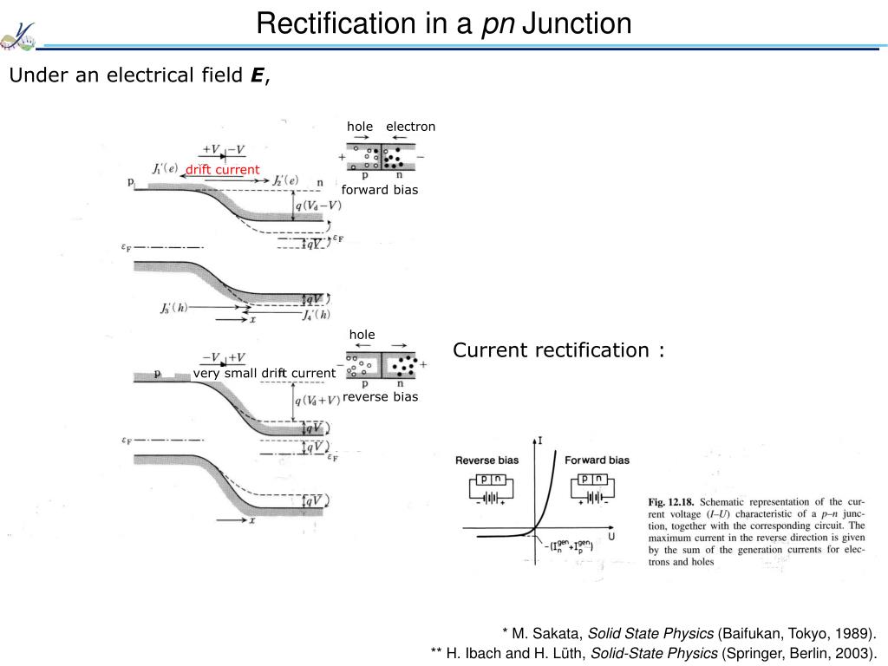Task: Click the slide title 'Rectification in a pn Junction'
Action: click(443, 23)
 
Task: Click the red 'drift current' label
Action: click(222, 169)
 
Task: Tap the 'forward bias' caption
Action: click(379, 190)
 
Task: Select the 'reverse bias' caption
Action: click(380, 396)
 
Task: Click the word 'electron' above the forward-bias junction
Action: click(410, 127)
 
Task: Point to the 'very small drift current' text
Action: click(264, 373)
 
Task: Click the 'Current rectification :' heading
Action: click(559, 350)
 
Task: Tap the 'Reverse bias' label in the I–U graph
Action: click(486, 460)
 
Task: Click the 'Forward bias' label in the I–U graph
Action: click(597, 460)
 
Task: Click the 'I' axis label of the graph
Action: click(541, 441)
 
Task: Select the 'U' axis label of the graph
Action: click(610, 537)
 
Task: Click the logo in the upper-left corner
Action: click(19, 32)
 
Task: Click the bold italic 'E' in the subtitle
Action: click(257, 76)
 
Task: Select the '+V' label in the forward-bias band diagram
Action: click(210, 148)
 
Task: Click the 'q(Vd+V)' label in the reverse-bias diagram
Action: click(317, 401)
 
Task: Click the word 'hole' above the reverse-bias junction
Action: click(362, 335)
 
